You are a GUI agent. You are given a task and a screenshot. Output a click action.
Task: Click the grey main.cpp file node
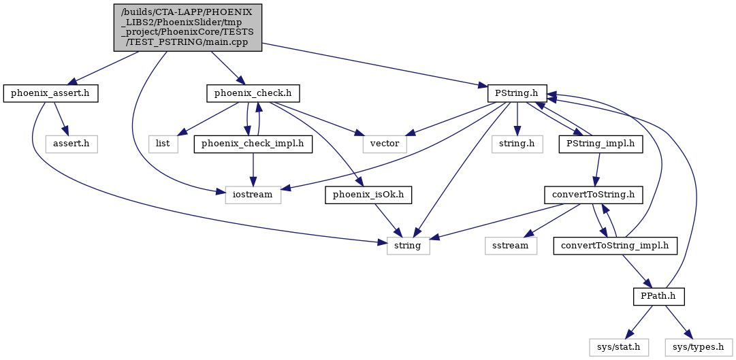188,28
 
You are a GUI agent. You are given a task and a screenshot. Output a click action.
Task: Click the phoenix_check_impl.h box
253,144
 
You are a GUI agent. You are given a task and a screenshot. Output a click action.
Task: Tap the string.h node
517,144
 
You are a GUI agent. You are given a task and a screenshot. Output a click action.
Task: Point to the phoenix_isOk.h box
368,195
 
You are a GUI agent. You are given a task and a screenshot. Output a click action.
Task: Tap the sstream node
511,246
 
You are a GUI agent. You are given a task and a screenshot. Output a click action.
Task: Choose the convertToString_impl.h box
615,246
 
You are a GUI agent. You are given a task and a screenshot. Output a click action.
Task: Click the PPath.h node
658,296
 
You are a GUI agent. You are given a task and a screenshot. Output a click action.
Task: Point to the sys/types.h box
699,347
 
